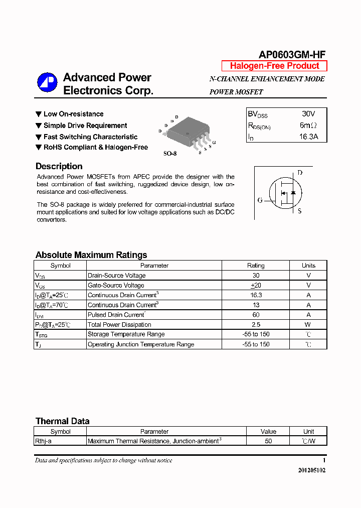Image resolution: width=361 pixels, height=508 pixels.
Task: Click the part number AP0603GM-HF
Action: [x=292, y=55]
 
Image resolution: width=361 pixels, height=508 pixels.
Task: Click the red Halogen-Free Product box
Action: [x=274, y=66]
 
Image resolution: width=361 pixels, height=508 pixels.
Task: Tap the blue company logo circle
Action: [x=47, y=83]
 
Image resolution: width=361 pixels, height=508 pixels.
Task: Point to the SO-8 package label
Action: [x=170, y=153]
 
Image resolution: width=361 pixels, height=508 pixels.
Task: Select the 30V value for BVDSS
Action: [x=308, y=114]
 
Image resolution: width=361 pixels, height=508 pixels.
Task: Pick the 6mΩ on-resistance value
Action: [x=308, y=125]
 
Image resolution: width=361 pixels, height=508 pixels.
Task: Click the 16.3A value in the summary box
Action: [x=308, y=137]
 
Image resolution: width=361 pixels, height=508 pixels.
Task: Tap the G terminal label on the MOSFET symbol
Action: [x=260, y=200]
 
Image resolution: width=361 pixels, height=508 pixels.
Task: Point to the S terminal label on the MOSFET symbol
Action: [x=300, y=211]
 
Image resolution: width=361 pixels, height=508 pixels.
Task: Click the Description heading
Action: [x=59, y=167]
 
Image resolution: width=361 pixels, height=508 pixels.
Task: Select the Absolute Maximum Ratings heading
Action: [x=91, y=255]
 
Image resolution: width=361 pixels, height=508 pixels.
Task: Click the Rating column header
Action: [x=256, y=266]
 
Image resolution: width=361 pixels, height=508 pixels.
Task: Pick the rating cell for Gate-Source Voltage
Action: [x=256, y=285]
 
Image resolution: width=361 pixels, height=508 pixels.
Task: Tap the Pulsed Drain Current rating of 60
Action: [x=256, y=315]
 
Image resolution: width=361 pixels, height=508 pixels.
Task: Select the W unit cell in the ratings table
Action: [x=308, y=325]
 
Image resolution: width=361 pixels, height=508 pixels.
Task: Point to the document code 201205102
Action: [x=311, y=470]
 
